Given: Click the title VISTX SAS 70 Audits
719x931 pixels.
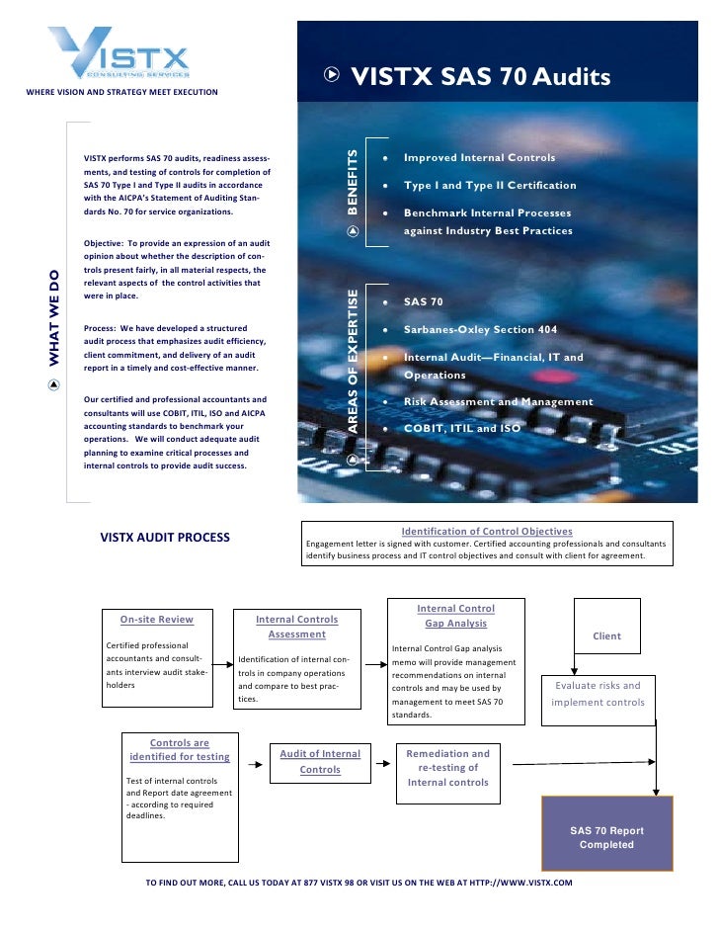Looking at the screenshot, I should click(481, 76).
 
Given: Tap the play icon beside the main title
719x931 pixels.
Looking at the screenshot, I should click(333, 74).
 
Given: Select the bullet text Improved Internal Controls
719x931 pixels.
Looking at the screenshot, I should click(479, 158).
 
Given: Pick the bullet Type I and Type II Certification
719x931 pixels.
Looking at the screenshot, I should click(490, 186).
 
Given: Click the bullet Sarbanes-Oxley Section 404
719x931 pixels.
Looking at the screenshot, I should click(480, 329).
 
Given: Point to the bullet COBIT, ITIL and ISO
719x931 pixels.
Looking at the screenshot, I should click(461, 429).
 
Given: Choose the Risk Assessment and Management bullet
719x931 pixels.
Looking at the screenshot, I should click(498, 402).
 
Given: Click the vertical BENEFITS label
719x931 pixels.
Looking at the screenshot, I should click(353, 183).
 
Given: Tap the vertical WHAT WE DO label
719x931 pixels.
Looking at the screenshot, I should click(54, 319).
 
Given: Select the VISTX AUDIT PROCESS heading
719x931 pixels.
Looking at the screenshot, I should click(165, 538).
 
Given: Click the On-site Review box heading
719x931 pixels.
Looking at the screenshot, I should click(156, 620).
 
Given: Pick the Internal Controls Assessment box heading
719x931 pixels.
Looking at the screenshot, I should click(296, 627).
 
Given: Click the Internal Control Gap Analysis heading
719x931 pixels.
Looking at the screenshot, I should click(455, 616).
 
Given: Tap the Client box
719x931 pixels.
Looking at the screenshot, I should click(606, 636).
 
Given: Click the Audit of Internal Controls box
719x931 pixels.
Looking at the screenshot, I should click(320, 761).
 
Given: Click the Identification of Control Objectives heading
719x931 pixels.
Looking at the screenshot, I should click(486, 531).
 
